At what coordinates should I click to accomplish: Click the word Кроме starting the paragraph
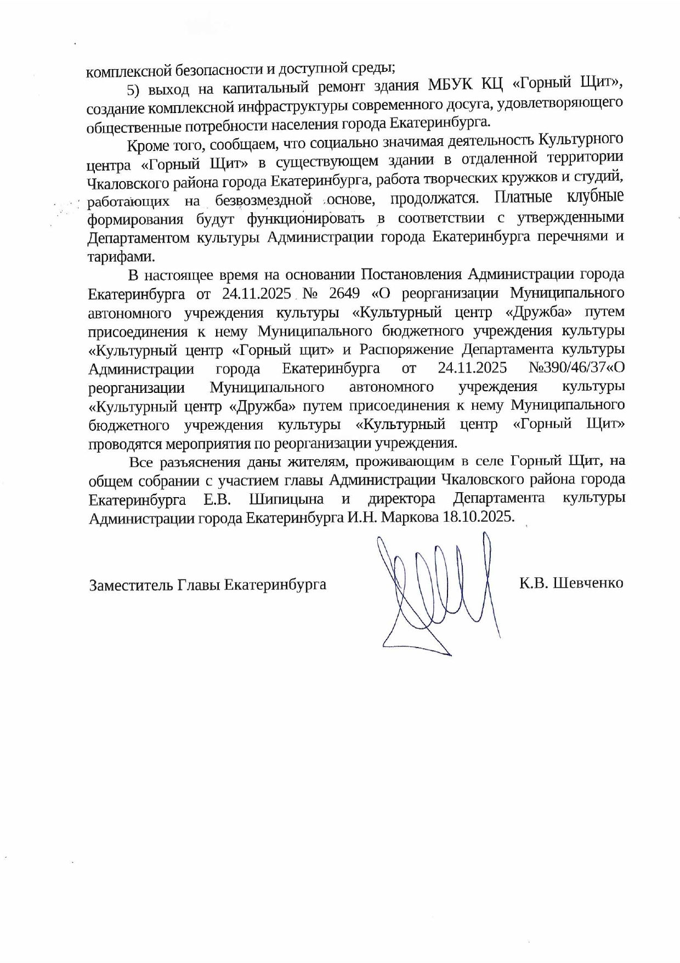tap(144, 146)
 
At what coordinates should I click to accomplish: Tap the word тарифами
tap(121, 257)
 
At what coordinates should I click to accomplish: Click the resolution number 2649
tap(344, 293)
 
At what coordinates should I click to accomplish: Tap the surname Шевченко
tap(587, 583)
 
